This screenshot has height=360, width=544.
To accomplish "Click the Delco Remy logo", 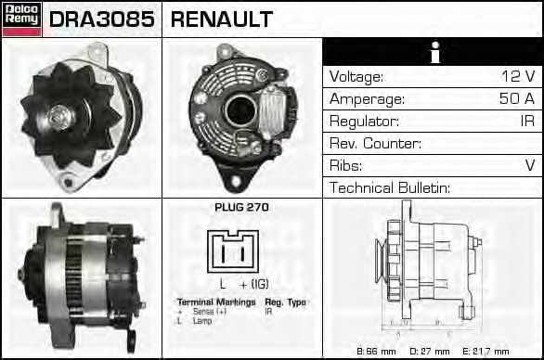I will pos(21,19).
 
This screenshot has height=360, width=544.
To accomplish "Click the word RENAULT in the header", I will pos(222,19).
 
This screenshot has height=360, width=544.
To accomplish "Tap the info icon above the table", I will pos(433,53).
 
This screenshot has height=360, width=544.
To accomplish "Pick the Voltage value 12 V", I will pos(516,77).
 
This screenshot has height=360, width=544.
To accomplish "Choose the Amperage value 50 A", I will pos(516,99).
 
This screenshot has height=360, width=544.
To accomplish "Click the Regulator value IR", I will pos(526,122).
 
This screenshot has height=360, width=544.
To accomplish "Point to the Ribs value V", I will pos(530,166).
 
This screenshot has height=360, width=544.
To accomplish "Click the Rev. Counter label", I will pos(376,144).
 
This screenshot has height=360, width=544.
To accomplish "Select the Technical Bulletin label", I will pos(390,188).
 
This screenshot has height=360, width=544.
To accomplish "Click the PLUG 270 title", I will pos(241,208).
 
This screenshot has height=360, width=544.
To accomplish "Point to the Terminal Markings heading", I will pos(216,302).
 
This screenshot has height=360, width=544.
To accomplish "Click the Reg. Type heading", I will pos(285,302).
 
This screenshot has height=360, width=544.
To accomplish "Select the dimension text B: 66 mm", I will pos(378,352).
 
